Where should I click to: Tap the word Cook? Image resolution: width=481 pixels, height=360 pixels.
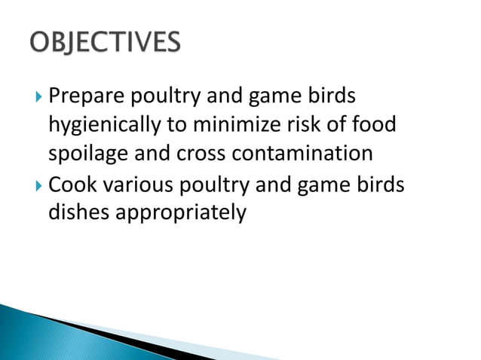70,184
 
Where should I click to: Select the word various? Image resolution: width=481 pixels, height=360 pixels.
135,184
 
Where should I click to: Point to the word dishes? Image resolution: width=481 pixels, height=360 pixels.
79,213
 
